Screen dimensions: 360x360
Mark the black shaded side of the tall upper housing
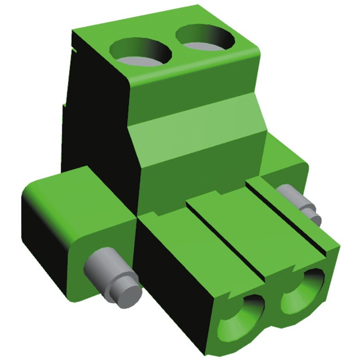[97, 121]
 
